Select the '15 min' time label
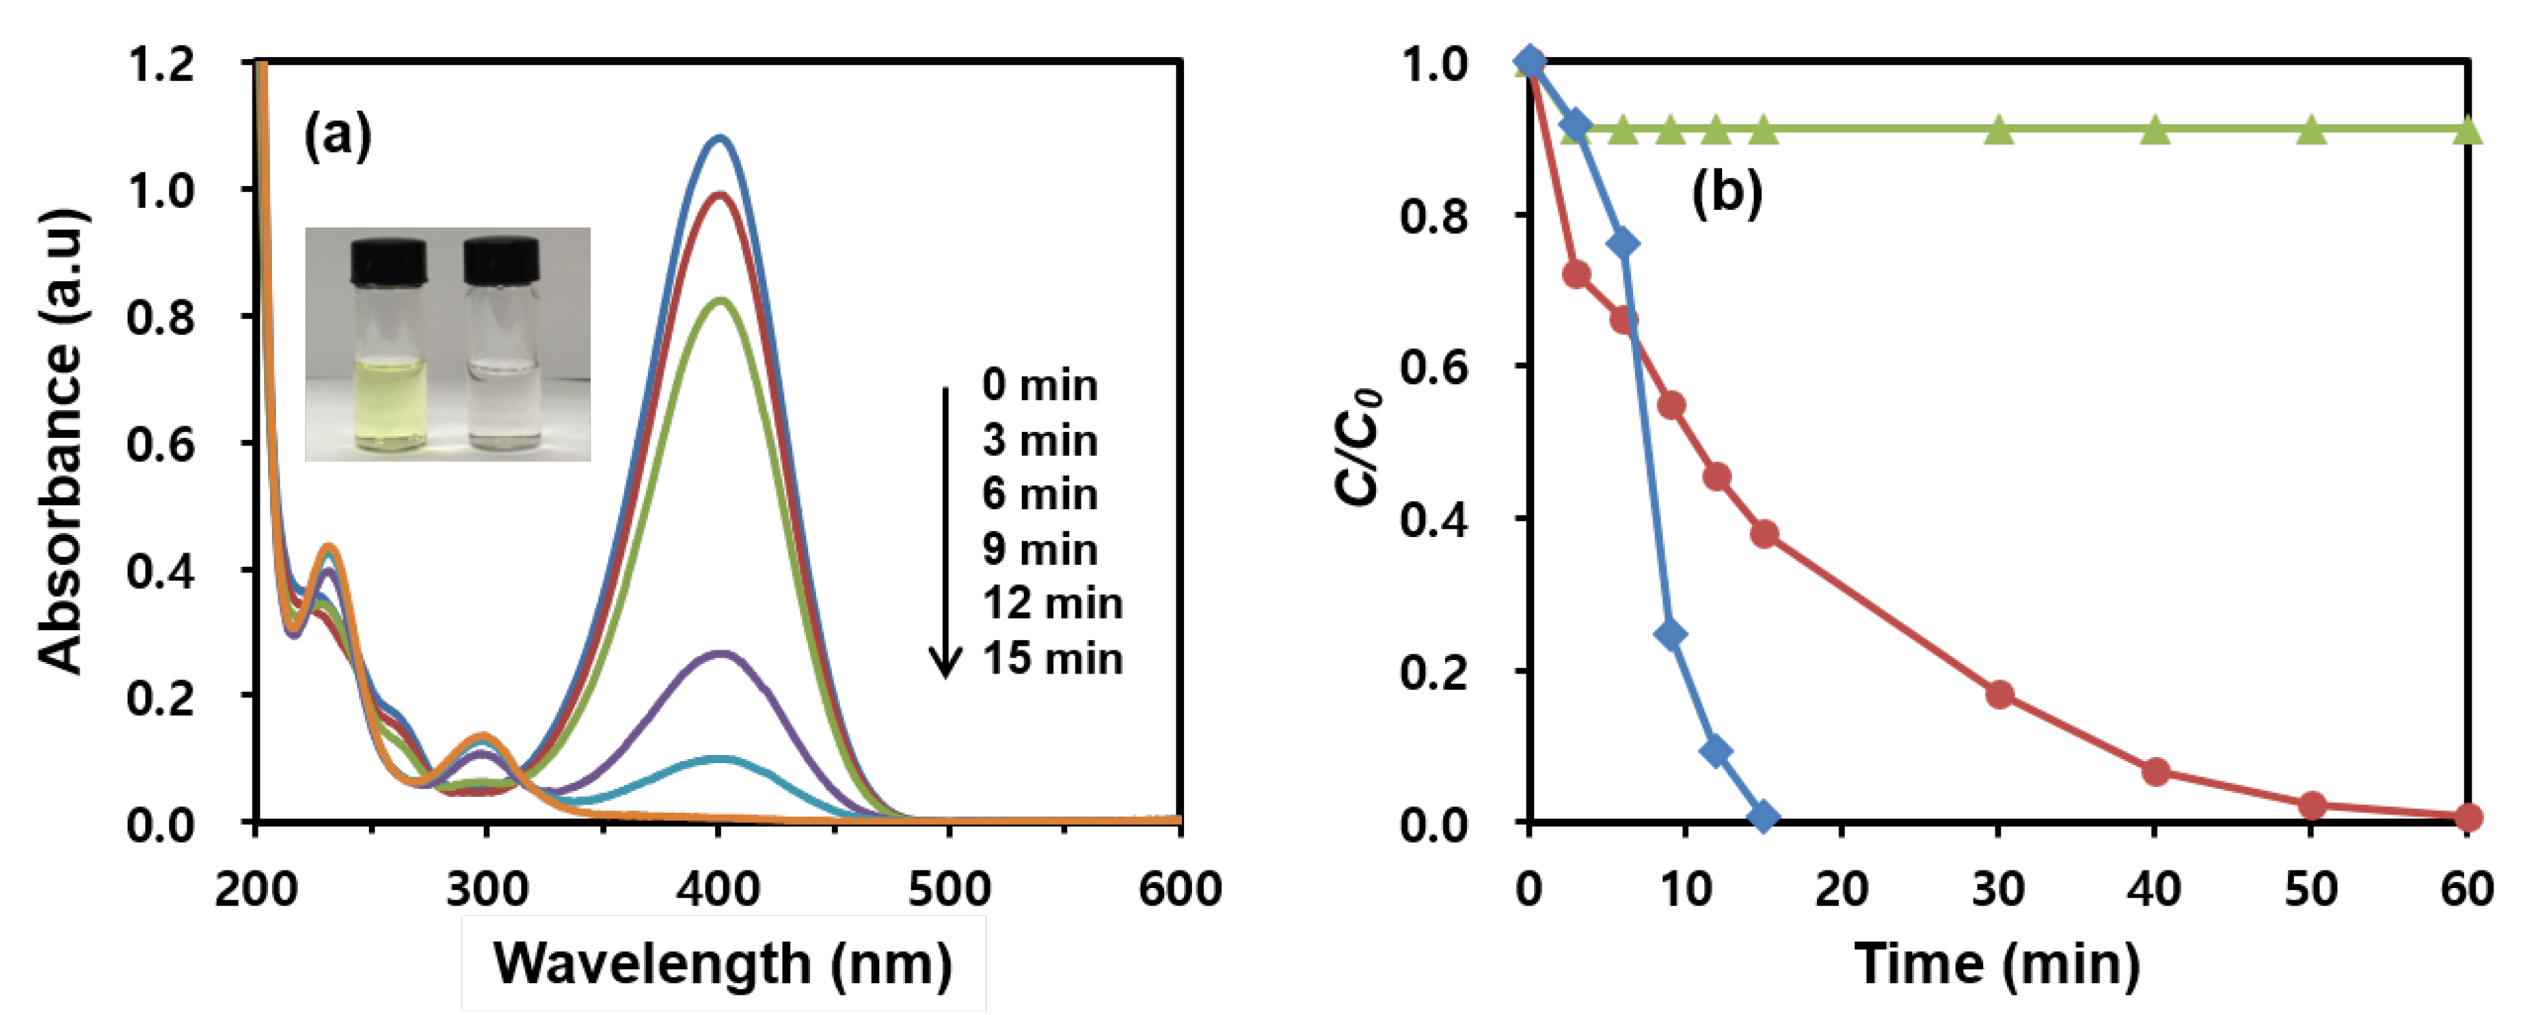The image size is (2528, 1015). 1052,658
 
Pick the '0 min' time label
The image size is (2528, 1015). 1039,385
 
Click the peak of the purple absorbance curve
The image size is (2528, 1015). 721,652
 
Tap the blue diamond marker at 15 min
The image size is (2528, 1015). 1763,815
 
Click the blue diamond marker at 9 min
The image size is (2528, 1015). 1670,634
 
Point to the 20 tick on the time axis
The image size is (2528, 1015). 1842,888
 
